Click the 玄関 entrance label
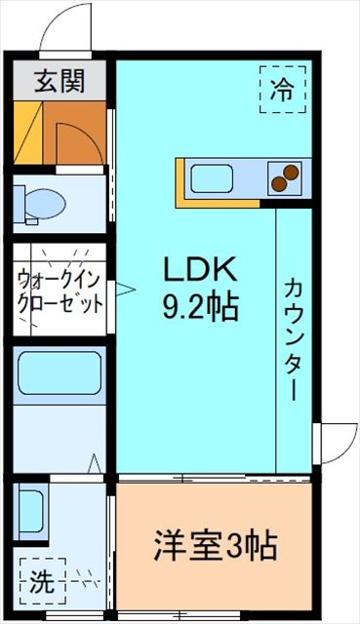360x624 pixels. tap(60, 80)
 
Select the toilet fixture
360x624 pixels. tap(41, 203)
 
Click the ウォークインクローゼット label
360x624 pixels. tap(60, 290)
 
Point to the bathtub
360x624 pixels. tap(60, 373)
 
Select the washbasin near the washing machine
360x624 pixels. tap(32, 511)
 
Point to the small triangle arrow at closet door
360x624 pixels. tap(124, 288)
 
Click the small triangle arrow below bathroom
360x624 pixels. tap(96, 464)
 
